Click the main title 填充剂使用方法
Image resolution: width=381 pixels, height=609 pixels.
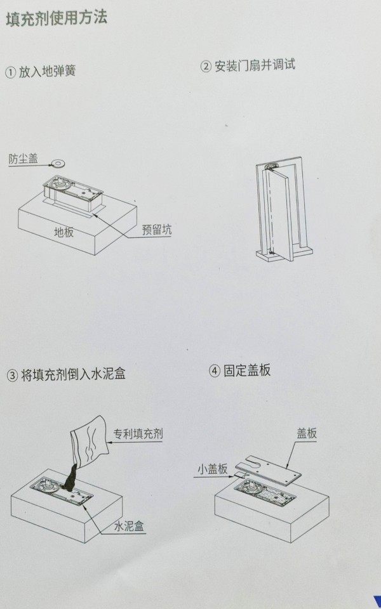57,18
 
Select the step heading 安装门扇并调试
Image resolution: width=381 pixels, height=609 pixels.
254,65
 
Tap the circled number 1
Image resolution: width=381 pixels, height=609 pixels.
10,72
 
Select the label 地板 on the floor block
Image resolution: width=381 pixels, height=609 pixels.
63,232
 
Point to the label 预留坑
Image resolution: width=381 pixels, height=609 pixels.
156,230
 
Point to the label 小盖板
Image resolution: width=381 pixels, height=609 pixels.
212,469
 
